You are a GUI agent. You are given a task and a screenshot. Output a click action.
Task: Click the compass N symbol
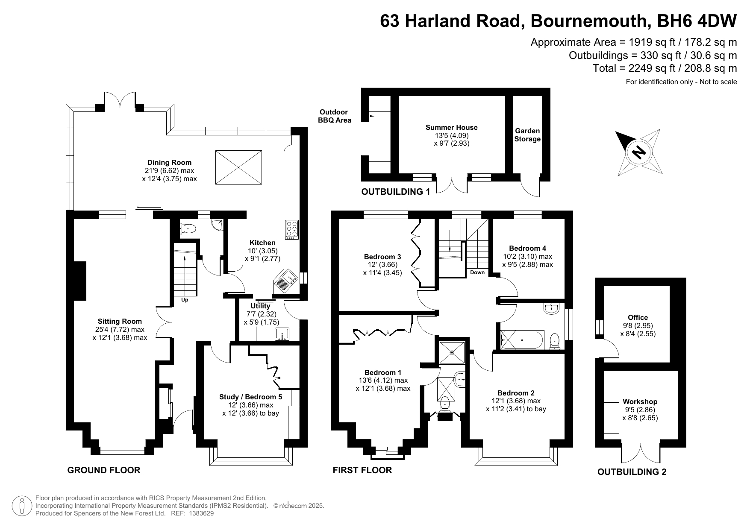pyautogui.click(x=638, y=152)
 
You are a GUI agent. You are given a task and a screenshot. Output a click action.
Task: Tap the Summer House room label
pyautogui.click(x=451, y=127)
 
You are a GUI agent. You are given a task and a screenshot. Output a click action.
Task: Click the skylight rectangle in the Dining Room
pyautogui.click(x=238, y=167)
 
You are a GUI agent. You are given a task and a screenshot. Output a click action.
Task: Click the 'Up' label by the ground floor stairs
pyautogui.click(x=185, y=300)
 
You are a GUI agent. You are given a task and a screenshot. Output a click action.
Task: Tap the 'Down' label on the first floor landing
pyautogui.click(x=477, y=272)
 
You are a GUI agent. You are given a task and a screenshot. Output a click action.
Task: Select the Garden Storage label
pyautogui.click(x=527, y=135)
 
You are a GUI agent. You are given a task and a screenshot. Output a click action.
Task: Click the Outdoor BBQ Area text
pyautogui.click(x=334, y=116)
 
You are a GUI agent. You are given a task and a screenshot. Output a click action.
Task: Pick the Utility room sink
pyautogui.click(x=282, y=334)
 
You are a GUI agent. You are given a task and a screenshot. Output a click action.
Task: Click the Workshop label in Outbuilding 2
pyautogui.click(x=640, y=401)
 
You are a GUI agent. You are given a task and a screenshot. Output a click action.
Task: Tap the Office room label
pyautogui.click(x=638, y=317)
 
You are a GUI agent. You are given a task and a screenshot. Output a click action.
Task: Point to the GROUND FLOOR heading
pyautogui.click(x=104, y=470)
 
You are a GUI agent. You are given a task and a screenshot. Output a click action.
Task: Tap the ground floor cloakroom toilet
pyautogui.click(x=188, y=229)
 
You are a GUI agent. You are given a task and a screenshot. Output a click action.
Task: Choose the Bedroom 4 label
pyautogui.click(x=527, y=248)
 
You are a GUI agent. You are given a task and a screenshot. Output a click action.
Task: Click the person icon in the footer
pyautogui.click(x=22, y=506)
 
